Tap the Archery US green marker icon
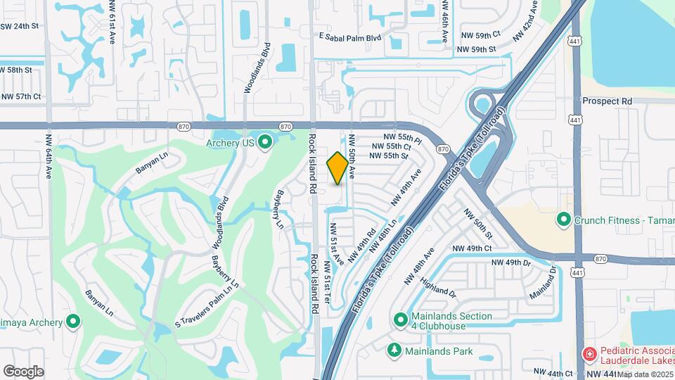point(265,143)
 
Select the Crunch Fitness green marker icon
point(562,220)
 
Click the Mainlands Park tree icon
point(394,350)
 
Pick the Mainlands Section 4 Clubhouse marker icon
point(401,320)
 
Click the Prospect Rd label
point(607,101)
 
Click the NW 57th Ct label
point(21,96)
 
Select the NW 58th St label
point(17,70)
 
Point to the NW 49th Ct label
point(472,248)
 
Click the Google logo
point(23,371)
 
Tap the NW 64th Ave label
point(49,153)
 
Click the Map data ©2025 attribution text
point(645,374)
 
